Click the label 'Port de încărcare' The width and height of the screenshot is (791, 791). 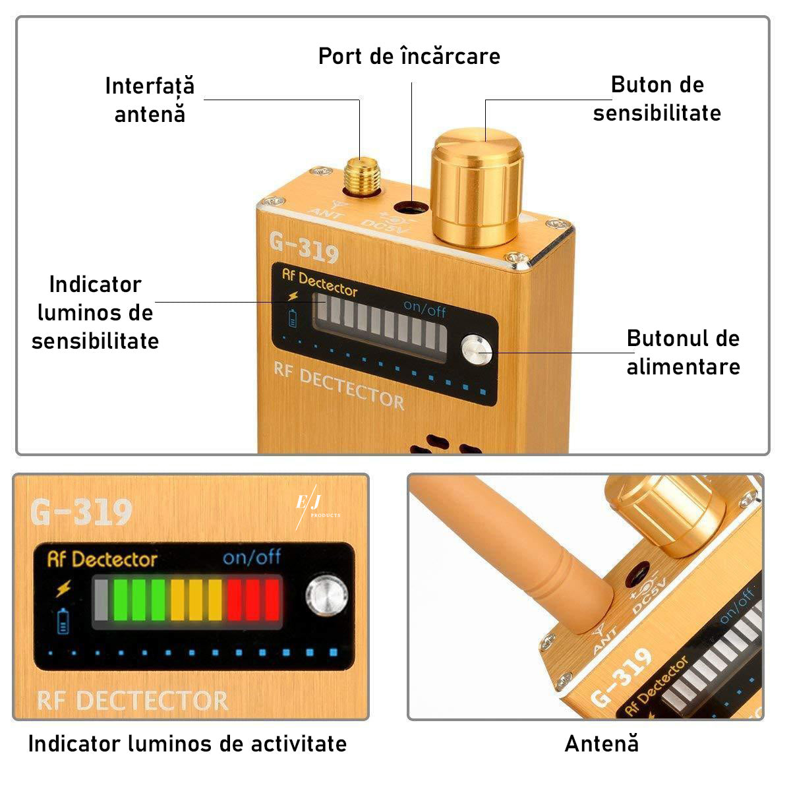[x=409, y=56]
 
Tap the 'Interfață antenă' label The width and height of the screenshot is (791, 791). [x=150, y=100]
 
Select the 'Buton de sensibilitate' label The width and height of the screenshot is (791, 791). [x=657, y=99]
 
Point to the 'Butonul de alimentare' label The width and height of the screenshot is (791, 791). [x=683, y=352]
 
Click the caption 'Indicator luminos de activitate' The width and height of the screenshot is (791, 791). [x=188, y=744]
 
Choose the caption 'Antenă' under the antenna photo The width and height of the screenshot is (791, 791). [x=601, y=744]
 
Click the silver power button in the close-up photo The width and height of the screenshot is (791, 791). [x=327, y=596]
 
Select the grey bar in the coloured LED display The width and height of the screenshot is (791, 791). [x=101, y=600]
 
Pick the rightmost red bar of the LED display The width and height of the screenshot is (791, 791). [x=272, y=600]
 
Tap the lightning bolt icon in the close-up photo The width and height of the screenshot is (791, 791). [x=64, y=587]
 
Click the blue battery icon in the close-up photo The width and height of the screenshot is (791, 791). [x=63, y=621]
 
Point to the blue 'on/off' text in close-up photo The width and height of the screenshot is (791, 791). [x=252, y=556]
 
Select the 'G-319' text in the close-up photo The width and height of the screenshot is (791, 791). [x=81, y=512]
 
